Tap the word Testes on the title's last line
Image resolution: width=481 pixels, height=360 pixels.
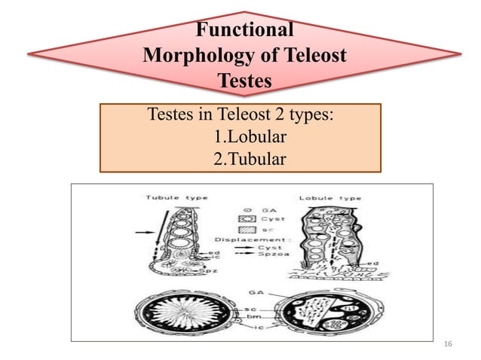coord(244,80)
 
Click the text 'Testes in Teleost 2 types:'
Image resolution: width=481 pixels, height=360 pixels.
coord(240,117)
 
